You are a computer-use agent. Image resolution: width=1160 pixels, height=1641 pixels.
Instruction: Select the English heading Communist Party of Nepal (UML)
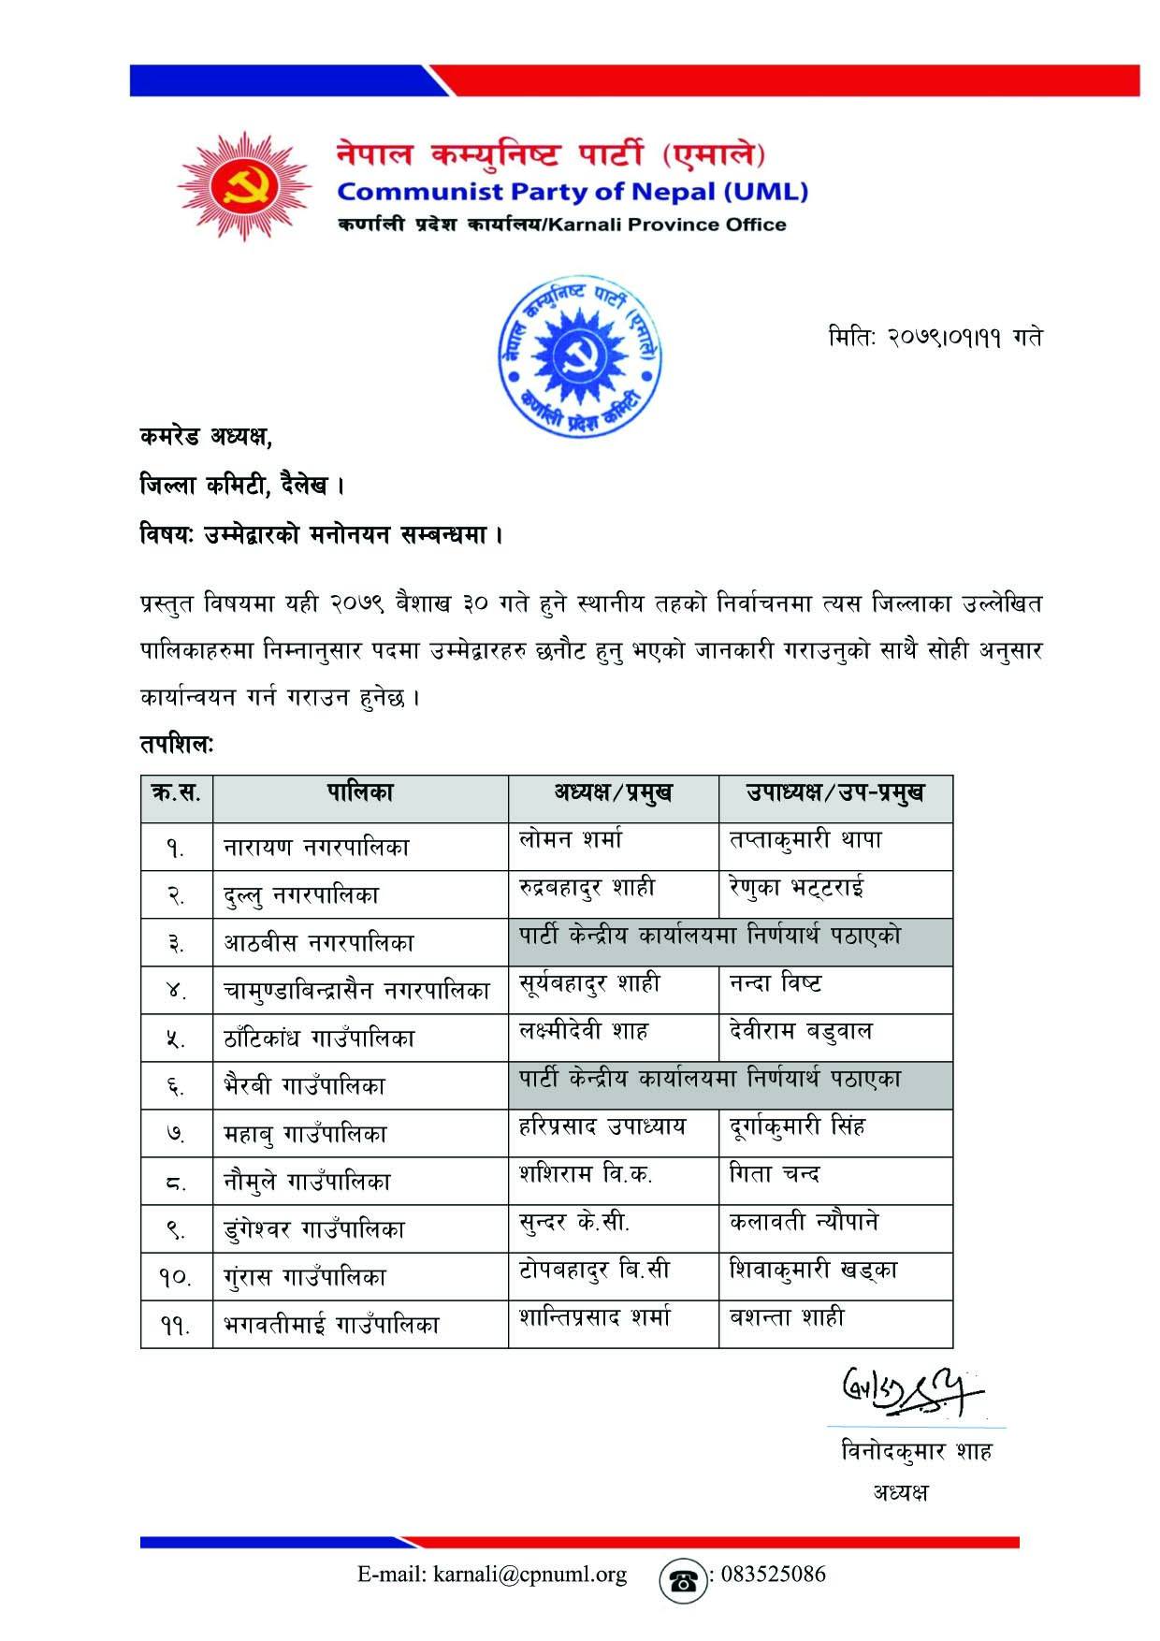[572, 192]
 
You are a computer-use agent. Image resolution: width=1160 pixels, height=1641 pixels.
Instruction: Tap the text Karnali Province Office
[668, 225]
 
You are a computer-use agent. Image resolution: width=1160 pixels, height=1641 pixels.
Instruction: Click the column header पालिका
[360, 793]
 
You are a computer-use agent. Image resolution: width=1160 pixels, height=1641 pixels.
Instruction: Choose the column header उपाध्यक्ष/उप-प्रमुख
[834, 793]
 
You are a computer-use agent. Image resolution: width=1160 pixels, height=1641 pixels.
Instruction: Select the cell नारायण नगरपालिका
[316, 848]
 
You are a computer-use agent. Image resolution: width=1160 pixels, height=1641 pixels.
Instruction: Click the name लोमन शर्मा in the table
[571, 839]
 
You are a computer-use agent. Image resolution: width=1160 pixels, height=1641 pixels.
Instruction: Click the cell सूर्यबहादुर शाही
[589, 983]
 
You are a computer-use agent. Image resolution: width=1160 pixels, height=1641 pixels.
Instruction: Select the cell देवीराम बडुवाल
[801, 1031]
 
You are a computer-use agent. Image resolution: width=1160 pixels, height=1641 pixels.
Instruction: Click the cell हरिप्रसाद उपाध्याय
[602, 1126]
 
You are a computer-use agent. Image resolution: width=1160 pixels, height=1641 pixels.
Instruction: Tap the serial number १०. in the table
[175, 1277]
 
